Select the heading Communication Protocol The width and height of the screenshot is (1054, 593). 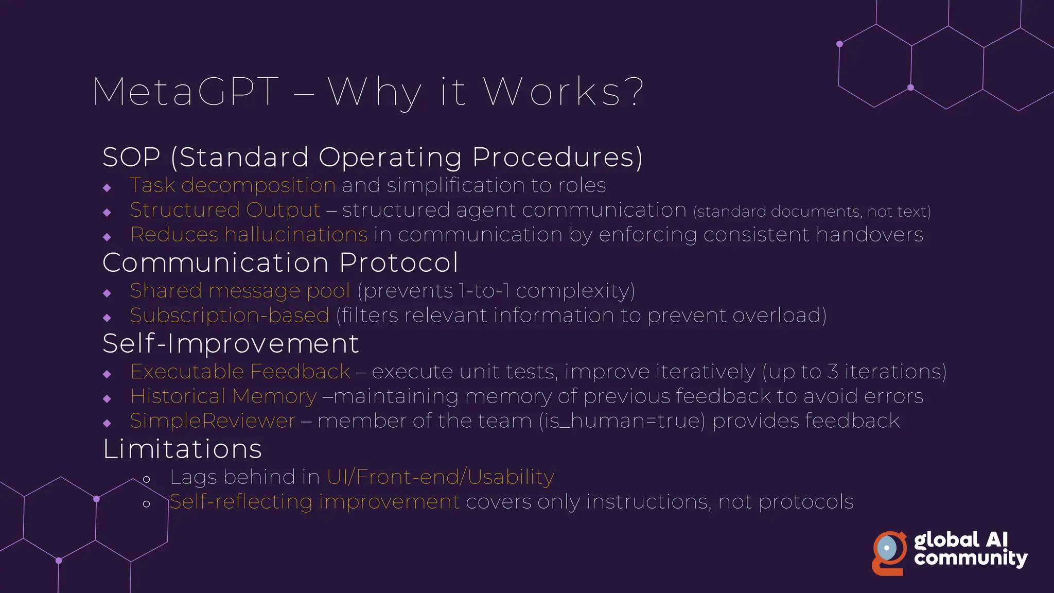tap(280, 263)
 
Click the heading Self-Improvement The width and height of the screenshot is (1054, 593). tap(231, 343)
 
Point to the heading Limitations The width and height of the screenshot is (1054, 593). tap(182, 449)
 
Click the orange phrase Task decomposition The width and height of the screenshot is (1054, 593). tap(233, 185)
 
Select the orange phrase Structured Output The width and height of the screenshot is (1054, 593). tap(225, 210)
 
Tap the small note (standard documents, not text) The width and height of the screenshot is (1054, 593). tap(812, 212)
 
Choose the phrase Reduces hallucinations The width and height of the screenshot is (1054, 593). tap(249, 235)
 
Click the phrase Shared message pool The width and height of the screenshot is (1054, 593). tap(240, 291)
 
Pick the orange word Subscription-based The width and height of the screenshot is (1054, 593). tap(230, 316)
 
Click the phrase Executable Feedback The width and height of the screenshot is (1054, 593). tap(240, 372)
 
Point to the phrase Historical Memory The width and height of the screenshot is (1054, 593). tap(223, 396)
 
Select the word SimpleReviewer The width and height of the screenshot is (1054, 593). tap(213, 421)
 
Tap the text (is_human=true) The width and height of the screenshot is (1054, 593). tap(622, 421)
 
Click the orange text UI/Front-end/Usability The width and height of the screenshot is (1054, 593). tap(440, 477)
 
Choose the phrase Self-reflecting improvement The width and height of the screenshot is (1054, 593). tap(314, 502)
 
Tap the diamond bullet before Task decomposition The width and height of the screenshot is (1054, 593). tap(107, 188)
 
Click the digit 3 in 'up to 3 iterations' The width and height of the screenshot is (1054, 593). tap(833, 372)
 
